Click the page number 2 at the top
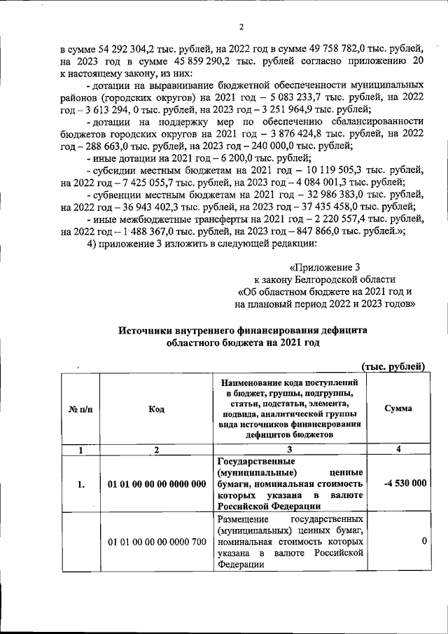click(x=240, y=27)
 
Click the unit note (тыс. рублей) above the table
click(x=393, y=366)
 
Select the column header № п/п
click(x=78, y=409)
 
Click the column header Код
click(x=156, y=409)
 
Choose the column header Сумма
click(x=398, y=409)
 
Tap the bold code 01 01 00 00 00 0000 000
click(x=157, y=483)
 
